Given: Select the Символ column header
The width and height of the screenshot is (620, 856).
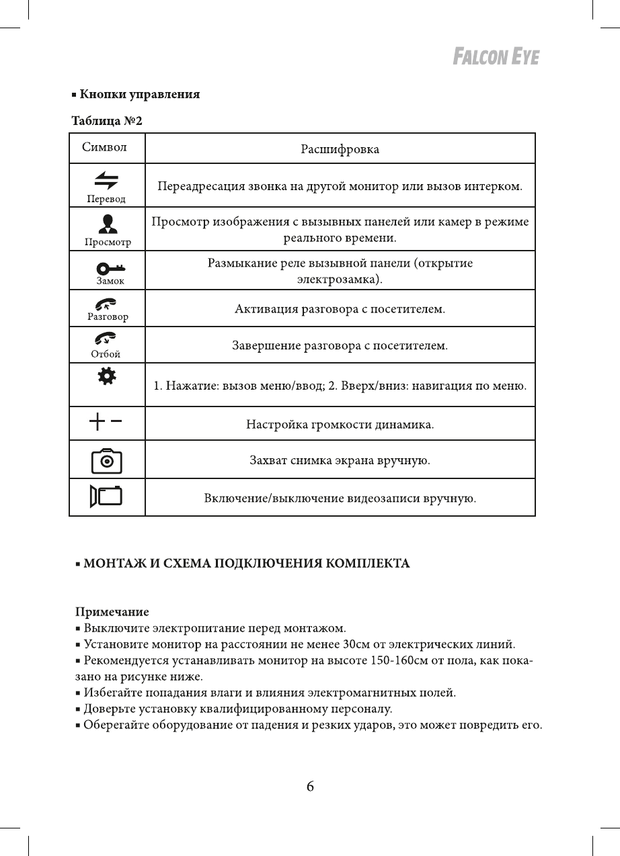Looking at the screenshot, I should [104, 147].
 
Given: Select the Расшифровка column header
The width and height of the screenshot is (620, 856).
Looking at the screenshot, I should [340, 148].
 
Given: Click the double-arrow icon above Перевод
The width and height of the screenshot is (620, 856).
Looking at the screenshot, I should [106, 179].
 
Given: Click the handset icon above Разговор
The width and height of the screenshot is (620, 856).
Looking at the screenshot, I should [107, 304].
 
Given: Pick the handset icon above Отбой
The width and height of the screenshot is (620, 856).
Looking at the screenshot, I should [106, 340].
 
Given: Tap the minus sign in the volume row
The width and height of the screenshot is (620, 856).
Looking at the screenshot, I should [117, 423].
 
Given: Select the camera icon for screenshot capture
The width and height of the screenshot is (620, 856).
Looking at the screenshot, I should [107, 461].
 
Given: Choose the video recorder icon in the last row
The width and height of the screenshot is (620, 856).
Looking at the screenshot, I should [107, 497].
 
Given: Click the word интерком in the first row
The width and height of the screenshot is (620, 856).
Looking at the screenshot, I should [494, 185].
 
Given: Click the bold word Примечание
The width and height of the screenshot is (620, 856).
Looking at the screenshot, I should [111, 613].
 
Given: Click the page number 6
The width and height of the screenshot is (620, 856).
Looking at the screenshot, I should [310, 786].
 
